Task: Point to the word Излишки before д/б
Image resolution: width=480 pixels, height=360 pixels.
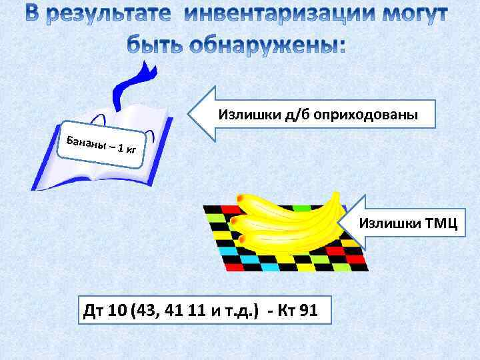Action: [x=242, y=115]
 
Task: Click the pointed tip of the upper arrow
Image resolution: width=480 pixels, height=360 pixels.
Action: [x=189, y=114]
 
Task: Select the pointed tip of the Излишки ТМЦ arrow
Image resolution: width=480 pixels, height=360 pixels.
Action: [x=341, y=221]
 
